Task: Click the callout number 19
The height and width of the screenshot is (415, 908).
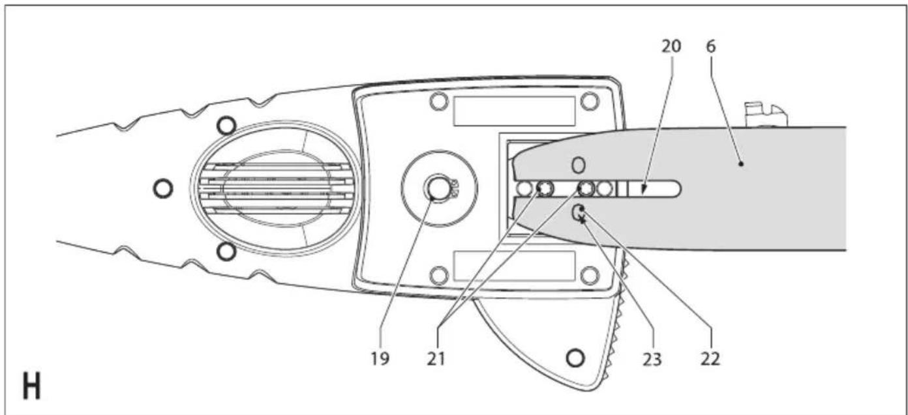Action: tap(380, 359)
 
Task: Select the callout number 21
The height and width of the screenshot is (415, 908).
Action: tap(436, 359)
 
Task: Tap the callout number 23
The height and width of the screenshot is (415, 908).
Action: tap(652, 359)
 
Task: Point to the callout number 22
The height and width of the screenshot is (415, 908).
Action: tap(710, 359)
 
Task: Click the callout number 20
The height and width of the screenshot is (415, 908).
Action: tap(671, 46)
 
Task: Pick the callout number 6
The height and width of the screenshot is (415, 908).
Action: tap(711, 46)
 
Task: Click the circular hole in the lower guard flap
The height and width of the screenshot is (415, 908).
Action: tap(575, 358)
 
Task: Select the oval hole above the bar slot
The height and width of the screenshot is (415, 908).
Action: tap(579, 165)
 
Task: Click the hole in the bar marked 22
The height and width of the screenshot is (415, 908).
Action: tap(579, 212)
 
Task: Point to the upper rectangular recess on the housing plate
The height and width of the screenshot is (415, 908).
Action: tap(515, 111)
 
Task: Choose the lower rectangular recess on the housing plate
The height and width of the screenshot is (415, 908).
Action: tap(515, 266)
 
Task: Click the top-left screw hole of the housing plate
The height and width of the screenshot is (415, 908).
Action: tap(438, 101)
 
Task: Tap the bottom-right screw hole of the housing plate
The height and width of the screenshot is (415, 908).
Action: tap(590, 276)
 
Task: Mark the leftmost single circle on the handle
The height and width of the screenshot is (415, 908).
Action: tap(163, 188)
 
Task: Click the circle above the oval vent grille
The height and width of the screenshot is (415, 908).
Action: tap(226, 126)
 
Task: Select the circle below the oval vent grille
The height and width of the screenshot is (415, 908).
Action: tap(226, 252)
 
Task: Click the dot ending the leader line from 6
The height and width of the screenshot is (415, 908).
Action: tap(741, 164)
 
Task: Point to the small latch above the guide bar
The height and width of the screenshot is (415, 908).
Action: tap(766, 115)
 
